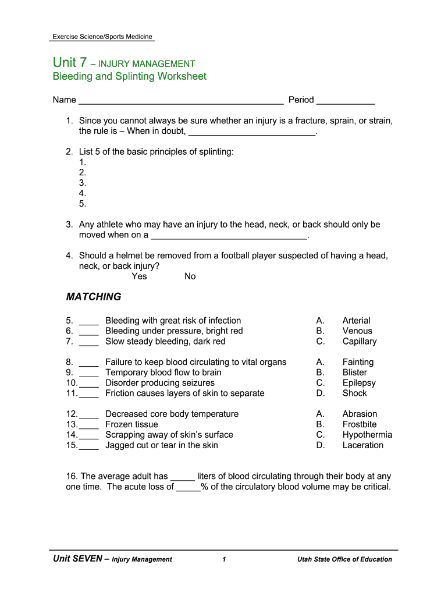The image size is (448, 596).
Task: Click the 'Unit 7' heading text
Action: point(70,62)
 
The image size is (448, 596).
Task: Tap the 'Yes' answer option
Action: point(139,276)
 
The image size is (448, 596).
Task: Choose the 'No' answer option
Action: point(190,276)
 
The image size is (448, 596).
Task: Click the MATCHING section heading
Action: point(94,297)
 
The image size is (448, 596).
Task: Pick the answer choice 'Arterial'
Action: point(356,321)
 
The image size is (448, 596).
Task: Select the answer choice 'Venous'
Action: point(357,331)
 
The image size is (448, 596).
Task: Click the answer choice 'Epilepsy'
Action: point(358,383)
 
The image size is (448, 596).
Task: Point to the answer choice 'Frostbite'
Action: point(359,424)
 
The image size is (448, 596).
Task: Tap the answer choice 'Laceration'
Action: point(362,445)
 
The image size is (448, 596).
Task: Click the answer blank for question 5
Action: point(89,324)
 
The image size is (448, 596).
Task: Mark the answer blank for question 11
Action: point(89,396)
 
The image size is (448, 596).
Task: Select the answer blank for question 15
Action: point(89,449)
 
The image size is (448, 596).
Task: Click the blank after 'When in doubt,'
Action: point(251,134)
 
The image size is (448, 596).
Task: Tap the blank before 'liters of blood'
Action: point(182,480)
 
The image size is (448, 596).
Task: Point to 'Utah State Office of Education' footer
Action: point(344,559)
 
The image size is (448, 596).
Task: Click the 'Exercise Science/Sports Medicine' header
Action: point(102,37)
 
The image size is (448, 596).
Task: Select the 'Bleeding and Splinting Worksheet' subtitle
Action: point(129,77)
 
